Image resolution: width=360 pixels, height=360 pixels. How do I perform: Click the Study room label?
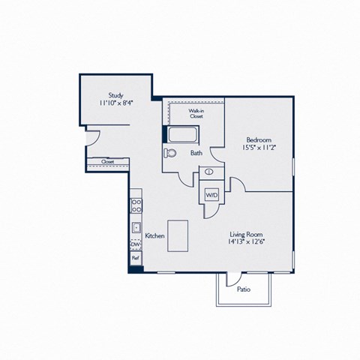(x=115, y=95)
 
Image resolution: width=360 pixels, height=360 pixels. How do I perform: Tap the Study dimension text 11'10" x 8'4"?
(x=115, y=103)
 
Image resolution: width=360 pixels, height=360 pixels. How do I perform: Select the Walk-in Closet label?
(x=196, y=113)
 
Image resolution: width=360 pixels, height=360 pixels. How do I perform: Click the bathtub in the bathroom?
(x=183, y=134)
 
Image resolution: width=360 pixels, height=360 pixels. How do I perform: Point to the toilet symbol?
(x=170, y=153)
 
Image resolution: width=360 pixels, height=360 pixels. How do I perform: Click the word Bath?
(x=196, y=153)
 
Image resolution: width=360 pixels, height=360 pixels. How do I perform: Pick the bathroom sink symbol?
(x=208, y=172)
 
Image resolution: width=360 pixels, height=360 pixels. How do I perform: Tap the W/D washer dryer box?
(x=211, y=195)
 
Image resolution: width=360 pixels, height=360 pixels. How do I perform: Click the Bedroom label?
(x=259, y=139)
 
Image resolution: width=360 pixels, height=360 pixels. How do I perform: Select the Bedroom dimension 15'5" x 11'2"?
(x=259, y=148)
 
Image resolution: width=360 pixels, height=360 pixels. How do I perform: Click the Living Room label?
(x=246, y=235)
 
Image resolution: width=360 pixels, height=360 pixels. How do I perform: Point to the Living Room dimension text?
(x=246, y=241)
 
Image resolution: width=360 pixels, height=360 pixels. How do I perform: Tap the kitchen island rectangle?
(x=178, y=235)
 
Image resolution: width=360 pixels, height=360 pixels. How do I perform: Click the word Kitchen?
(x=154, y=235)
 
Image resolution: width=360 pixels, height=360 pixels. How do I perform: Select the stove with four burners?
(x=136, y=205)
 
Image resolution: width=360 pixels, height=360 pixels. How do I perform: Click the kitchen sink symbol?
(x=136, y=228)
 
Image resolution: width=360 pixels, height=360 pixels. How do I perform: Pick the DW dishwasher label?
(x=136, y=244)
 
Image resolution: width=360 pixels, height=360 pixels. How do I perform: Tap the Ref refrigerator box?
(x=136, y=258)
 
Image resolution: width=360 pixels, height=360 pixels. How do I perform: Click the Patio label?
(x=244, y=289)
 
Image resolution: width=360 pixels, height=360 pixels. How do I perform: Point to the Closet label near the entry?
(x=108, y=162)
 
